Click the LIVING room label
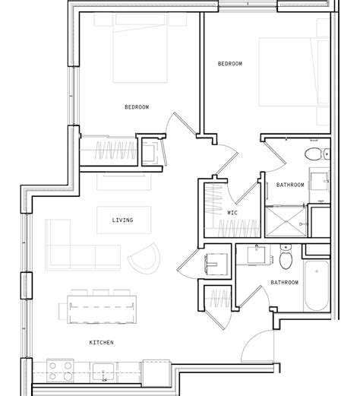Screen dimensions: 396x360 tap(122, 220)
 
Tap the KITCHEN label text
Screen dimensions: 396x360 tap(102, 343)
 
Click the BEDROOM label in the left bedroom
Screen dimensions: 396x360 tap(137, 107)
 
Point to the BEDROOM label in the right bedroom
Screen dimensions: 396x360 tap(230, 64)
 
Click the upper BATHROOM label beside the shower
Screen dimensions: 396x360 tap(290, 185)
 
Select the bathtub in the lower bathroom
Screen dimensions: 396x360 tap(317, 286)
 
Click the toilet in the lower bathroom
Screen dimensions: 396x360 tap(286, 259)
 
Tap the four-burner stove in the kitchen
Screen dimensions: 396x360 tap(59, 372)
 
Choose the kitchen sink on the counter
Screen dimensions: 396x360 tap(103, 372)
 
